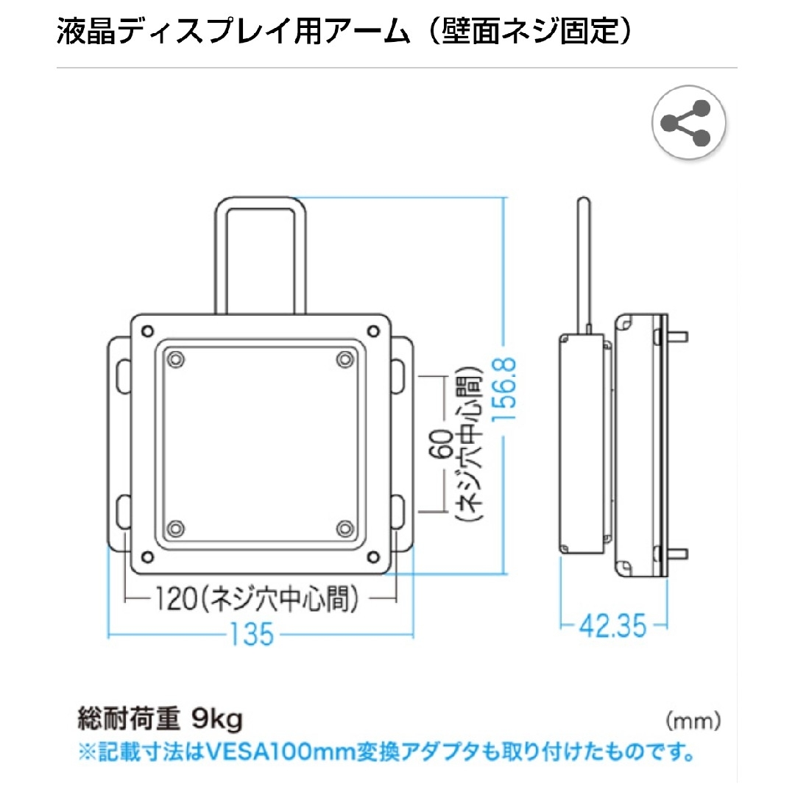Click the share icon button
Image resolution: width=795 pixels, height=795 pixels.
click(688, 122)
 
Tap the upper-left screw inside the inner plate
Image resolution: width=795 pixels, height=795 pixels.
click(175, 358)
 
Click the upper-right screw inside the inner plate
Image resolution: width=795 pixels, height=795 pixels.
click(344, 358)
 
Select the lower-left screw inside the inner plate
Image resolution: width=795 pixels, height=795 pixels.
click(175, 528)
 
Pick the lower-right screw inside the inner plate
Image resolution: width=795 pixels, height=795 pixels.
click(344, 528)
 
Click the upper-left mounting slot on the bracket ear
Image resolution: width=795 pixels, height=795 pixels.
click(122, 373)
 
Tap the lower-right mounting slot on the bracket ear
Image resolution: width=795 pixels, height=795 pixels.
click(398, 510)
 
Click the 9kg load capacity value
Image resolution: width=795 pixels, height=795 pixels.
click(216, 719)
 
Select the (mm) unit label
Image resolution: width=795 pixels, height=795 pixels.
click(692, 720)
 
